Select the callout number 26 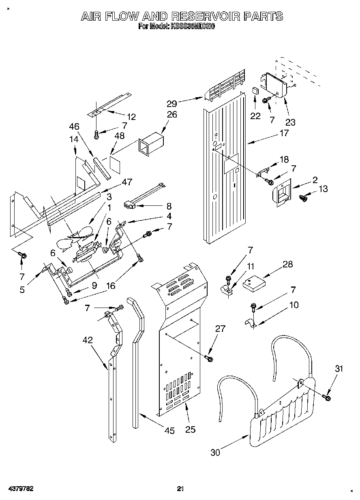(172, 115)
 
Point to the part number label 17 (284, 133)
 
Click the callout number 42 (88, 340)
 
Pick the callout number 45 (169, 431)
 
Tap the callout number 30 (215, 452)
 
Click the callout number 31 (339, 369)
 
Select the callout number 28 (287, 265)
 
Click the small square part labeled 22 (255, 91)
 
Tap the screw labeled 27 (209, 359)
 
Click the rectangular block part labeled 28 (253, 282)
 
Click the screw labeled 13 (302, 198)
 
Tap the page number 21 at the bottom (180, 489)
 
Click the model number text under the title (176, 27)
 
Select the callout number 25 (191, 429)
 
